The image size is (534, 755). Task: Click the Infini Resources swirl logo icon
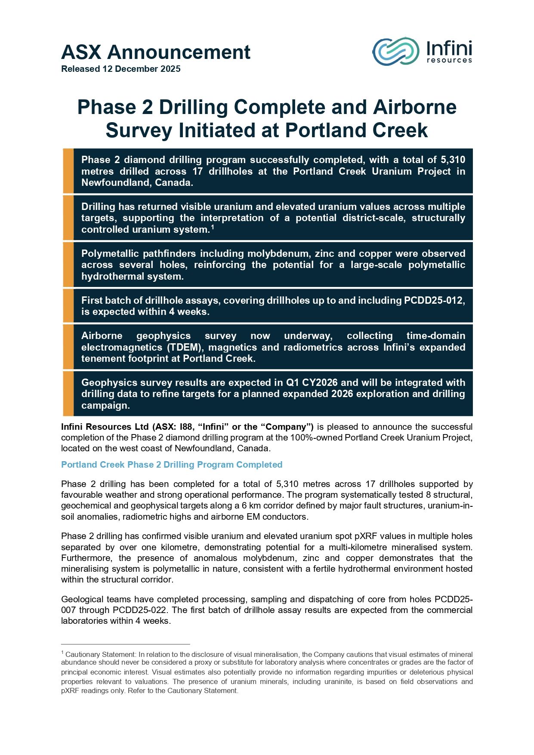(395, 51)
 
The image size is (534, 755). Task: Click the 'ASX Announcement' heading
(155, 52)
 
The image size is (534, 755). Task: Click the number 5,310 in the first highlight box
(453, 160)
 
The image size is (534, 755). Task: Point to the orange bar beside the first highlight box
(68, 171)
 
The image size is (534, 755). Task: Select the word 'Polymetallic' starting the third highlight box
(110, 253)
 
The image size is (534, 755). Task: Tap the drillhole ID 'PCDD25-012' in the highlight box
(434, 300)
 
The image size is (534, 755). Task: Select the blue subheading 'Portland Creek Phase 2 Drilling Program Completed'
(172, 465)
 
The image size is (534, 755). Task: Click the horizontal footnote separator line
(125, 644)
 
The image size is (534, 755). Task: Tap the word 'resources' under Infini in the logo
(449, 60)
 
